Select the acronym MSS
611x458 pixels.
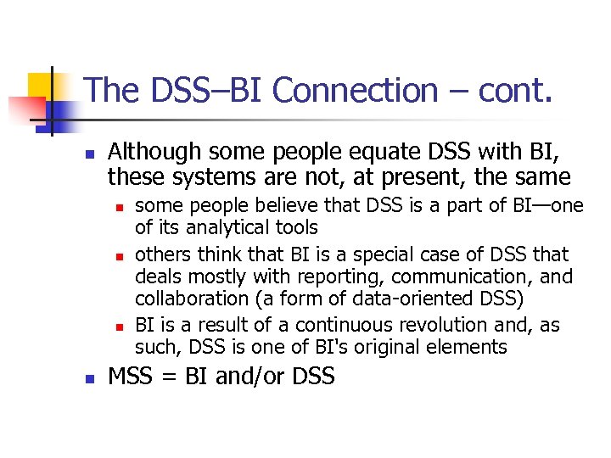click(x=130, y=376)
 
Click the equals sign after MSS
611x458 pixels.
click(x=168, y=377)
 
